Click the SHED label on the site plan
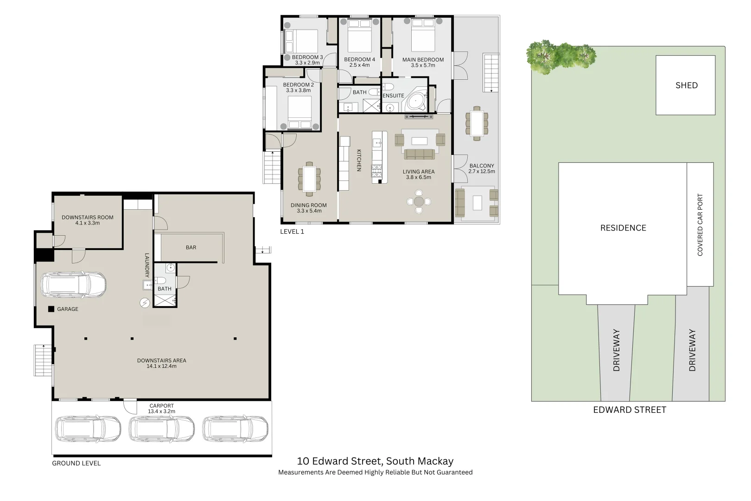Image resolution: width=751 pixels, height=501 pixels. [x=686, y=85]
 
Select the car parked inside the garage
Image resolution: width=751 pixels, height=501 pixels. [x=74, y=284]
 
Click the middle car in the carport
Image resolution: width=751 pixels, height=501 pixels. [x=161, y=429]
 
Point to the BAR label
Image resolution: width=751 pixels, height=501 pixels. [x=191, y=248]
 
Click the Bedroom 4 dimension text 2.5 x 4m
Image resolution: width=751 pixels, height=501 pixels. [x=359, y=65]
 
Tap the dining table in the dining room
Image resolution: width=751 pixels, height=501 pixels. [x=309, y=178]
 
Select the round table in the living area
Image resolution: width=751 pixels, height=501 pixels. [x=419, y=201]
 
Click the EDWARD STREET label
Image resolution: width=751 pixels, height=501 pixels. [x=630, y=410]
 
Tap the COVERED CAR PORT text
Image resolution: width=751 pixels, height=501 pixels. [x=700, y=225]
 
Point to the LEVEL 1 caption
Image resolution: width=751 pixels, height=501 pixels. [x=292, y=231]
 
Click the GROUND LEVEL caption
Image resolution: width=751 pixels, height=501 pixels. [x=76, y=463]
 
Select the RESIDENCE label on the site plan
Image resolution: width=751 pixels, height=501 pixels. [x=623, y=228]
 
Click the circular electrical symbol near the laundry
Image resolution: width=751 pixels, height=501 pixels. [x=145, y=302]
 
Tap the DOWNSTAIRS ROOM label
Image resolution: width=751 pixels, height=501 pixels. [x=88, y=217]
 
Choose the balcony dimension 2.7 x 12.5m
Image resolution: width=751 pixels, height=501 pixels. [x=482, y=172]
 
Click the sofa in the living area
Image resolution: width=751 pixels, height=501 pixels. [x=419, y=154]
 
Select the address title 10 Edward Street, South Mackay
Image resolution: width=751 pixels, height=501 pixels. [x=375, y=461]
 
